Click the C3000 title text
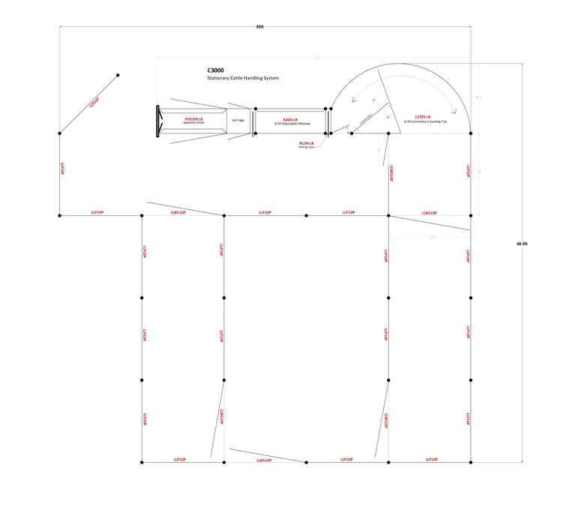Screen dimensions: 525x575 tap(215, 70)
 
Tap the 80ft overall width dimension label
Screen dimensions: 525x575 tap(259, 26)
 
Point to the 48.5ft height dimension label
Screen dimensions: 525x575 tap(523, 243)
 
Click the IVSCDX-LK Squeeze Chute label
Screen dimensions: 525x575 tap(193, 121)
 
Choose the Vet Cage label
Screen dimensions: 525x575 tap(238, 120)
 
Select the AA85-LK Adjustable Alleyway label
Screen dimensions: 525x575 tap(291, 121)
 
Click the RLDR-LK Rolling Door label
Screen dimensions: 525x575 tap(307, 144)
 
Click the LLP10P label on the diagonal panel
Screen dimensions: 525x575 tap(94, 103)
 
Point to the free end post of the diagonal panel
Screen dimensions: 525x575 tap(118, 75)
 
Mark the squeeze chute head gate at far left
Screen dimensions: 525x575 tap(158, 121)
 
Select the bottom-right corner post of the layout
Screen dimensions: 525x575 tap(471, 463)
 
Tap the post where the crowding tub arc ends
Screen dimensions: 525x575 tap(471, 133)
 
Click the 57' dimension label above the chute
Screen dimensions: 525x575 tap(317, 58)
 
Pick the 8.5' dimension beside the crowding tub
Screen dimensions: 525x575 tap(478, 97)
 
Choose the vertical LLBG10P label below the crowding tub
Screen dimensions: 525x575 tap(392, 175)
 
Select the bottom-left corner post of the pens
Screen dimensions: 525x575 tap(142, 463)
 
